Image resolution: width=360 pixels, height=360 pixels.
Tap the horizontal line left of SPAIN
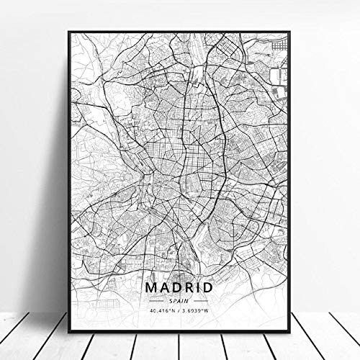tap(157, 280)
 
